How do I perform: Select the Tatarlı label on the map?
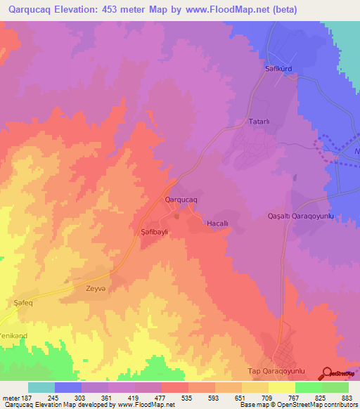tap(260, 122)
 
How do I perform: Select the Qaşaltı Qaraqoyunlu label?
tap(305, 216)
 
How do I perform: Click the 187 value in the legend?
tap(27, 396)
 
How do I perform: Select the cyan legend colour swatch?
tap(41, 387)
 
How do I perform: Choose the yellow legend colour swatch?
tap(281, 387)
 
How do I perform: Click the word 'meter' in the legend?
tap(11, 396)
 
